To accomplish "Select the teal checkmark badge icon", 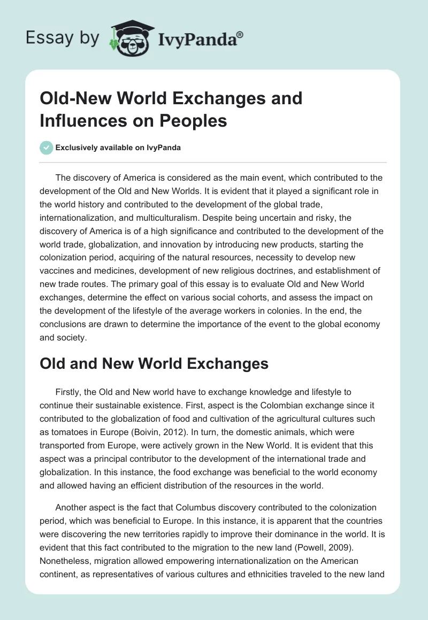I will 47,148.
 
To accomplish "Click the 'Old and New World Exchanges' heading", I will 154,363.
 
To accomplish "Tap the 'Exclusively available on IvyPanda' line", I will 118,148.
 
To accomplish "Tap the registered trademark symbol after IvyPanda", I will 240,34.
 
